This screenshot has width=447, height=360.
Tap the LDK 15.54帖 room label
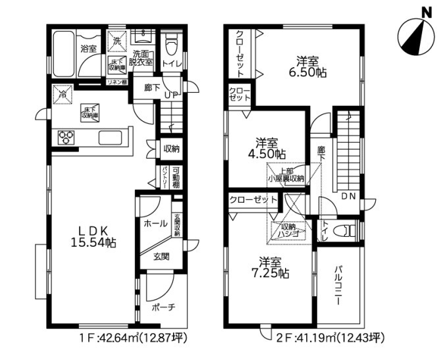(x=93, y=236)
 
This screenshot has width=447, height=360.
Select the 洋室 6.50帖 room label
(x=308, y=67)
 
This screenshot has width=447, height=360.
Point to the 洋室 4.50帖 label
(x=271, y=147)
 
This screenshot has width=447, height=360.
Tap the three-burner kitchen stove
(x=67, y=138)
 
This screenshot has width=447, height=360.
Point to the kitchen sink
(x=110, y=138)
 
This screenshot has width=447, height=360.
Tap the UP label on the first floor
(x=170, y=95)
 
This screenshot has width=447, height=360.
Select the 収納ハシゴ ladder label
(x=290, y=230)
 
